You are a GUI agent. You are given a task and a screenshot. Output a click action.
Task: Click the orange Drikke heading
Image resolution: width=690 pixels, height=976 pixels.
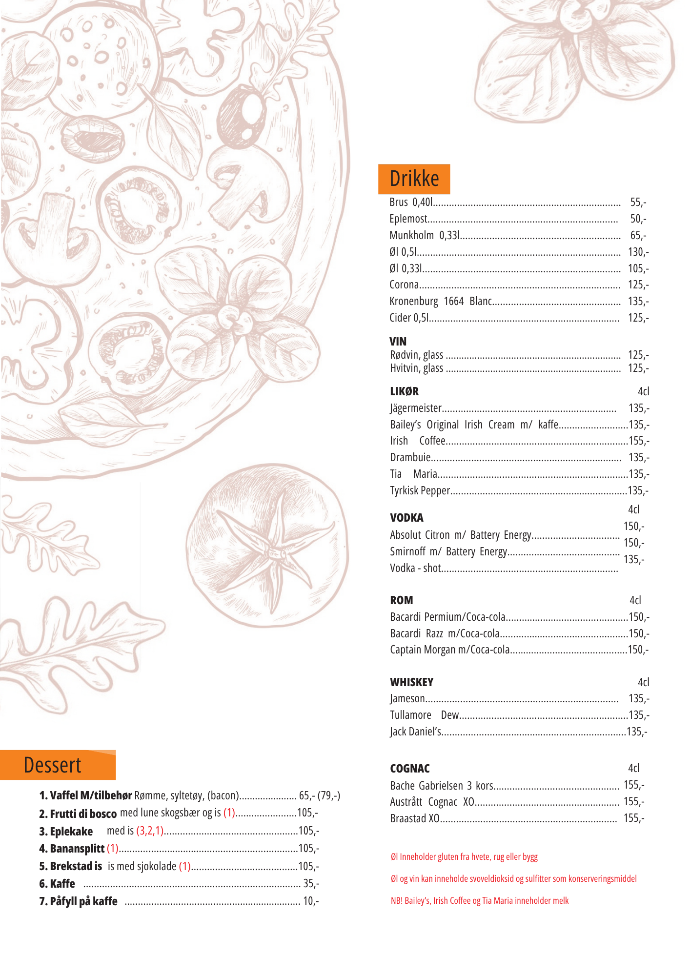point(414,179)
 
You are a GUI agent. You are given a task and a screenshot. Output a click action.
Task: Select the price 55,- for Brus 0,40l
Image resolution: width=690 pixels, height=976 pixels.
point(638,202)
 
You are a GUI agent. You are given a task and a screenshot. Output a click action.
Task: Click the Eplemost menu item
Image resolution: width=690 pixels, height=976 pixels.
point(408,219)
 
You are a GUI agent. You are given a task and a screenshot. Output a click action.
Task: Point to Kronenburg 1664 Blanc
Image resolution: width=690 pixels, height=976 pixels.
point(440,301)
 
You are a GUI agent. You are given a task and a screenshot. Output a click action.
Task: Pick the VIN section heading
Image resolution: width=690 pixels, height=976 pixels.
point(398,342)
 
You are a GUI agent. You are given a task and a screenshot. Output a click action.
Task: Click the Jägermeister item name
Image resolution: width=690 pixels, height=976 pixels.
point(416,408)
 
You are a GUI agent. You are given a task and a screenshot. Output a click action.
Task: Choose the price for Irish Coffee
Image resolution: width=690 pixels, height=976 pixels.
point(639,441)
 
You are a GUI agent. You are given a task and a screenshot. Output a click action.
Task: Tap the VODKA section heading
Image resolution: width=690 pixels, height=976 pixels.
point(406,518)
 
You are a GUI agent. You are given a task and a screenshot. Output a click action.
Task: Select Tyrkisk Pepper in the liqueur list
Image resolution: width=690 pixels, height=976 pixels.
point(420,490)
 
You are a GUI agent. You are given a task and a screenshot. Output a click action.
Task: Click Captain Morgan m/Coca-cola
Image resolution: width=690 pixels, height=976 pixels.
point(449,650)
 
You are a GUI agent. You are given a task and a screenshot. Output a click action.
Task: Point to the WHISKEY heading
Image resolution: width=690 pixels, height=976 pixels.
point(411,682)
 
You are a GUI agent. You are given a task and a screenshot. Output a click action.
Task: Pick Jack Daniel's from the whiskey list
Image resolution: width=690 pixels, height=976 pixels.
point(415,732)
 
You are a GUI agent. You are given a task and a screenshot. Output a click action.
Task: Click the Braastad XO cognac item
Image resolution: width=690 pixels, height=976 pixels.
point(415,818)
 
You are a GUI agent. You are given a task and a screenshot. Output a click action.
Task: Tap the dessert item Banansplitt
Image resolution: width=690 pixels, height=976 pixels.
point(77,849)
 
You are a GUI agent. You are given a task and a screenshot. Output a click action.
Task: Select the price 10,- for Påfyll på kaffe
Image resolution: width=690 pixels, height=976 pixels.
point(310,901)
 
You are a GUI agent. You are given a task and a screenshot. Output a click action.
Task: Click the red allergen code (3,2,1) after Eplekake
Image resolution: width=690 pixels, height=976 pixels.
point(150,831)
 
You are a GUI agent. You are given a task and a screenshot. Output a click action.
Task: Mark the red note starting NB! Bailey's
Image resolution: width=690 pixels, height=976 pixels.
point(479,900)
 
